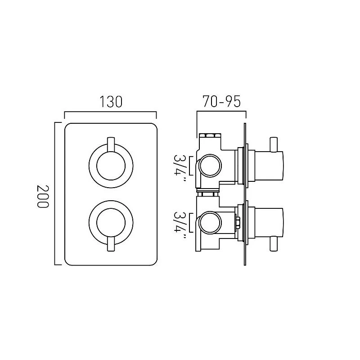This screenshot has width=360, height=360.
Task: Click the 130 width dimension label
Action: coord(111,102)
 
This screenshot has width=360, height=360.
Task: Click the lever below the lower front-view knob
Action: coord(111,246)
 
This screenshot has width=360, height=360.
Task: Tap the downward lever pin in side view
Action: coord(273,244)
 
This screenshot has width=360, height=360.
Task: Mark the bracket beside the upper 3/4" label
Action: coord(193,165)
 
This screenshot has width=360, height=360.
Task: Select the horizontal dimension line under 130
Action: coord(111,112)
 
